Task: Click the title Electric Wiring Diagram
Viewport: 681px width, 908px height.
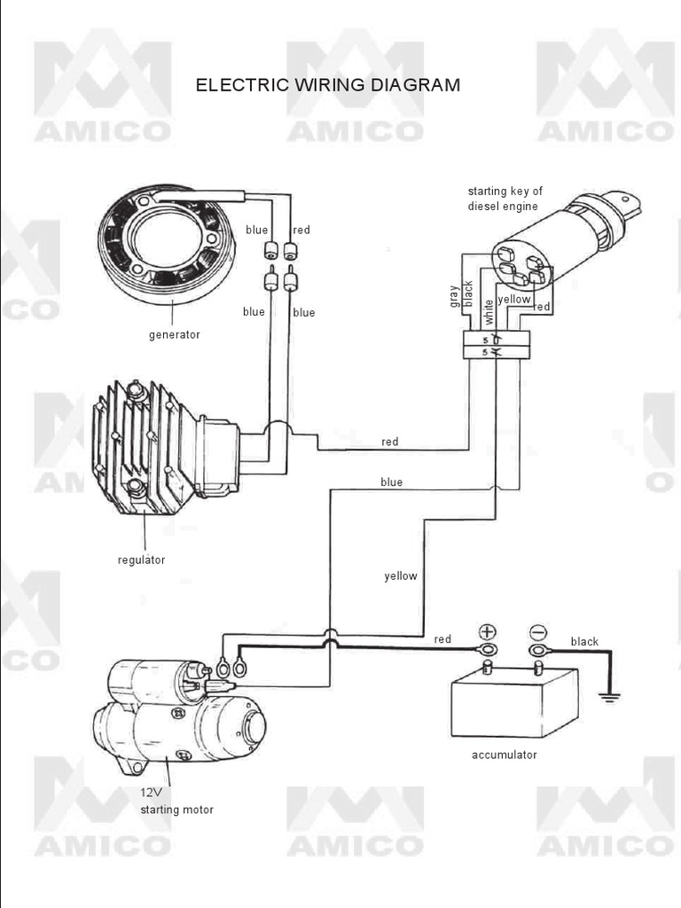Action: click(328, 85)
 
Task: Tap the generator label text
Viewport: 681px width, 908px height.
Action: click(175, 335)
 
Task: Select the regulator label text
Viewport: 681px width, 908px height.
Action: click(142, 560)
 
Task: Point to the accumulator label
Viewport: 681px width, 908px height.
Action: click(505, 755)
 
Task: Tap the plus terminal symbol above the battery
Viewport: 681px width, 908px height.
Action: click(488, 632)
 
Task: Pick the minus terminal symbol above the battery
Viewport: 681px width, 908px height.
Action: click(538, 632)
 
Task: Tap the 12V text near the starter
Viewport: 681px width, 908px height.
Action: click(152, 793)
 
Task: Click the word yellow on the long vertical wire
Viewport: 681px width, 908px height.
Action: click(401, 576)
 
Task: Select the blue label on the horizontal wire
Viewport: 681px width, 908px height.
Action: click(391, 482)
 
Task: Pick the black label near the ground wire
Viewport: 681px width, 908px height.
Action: click(584, 642)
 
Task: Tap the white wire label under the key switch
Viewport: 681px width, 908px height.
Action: click(488, 311)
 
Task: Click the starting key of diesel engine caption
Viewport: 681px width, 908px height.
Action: click(505, 199)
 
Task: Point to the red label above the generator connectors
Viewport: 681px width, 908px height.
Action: click(301, 231)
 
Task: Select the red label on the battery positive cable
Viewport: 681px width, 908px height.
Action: click(442, 639)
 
